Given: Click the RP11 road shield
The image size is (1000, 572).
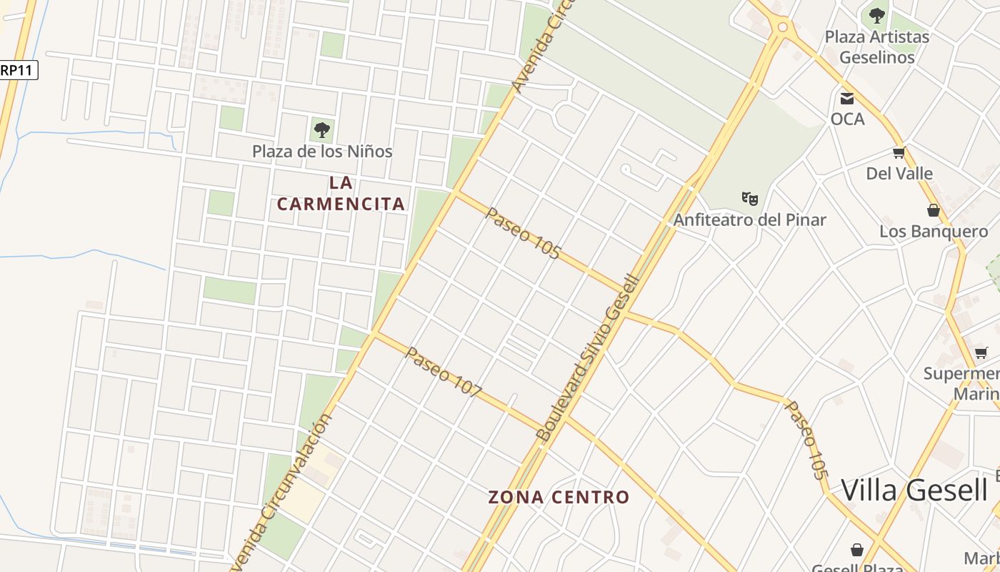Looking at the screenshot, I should (18, 69).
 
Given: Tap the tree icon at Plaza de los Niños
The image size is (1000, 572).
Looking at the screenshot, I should (322, 130).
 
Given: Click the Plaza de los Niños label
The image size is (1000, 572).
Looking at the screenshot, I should (322, 152).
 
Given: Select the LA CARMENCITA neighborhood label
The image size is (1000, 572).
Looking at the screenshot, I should (341, 194).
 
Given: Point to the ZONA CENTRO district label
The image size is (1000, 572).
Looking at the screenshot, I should (559, 497).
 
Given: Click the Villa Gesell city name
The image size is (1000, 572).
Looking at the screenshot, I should (914, 490).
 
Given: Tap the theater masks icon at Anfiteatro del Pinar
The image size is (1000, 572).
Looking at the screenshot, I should (749, 198).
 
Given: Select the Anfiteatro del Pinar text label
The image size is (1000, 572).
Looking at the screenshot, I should (749, 220).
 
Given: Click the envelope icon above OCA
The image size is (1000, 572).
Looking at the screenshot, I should (847, 99).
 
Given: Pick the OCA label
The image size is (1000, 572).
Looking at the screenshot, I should (847, 119).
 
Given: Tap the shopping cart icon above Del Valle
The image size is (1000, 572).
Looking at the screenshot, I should (899, 152).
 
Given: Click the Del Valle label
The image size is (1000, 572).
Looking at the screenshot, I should (899, 173).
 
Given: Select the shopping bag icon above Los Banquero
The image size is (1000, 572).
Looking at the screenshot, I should (933, 210).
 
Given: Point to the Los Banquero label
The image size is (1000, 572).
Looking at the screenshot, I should (933, 231).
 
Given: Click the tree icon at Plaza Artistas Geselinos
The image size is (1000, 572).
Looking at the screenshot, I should (876, 15).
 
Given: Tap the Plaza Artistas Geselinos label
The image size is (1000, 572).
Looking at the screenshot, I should (876, 46).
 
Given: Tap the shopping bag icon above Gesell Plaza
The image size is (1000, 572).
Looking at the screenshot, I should (857, 550).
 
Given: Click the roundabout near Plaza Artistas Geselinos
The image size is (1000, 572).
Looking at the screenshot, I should (782, 27).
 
